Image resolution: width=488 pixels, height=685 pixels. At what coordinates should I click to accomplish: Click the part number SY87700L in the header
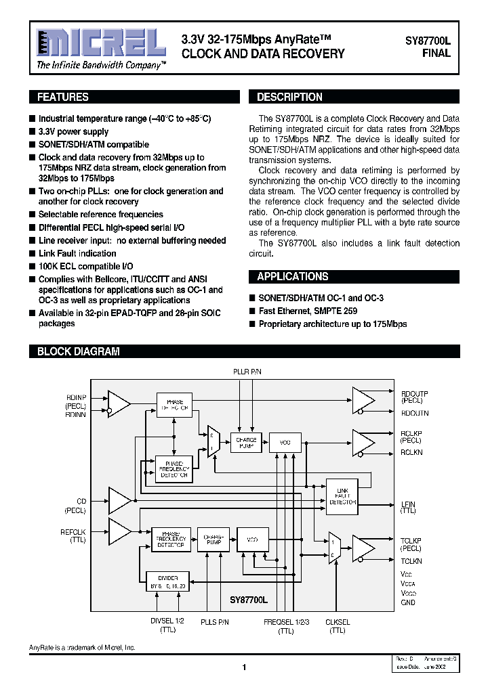click(428, 41)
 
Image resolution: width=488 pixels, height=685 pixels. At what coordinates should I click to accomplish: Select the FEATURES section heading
click(63, 97)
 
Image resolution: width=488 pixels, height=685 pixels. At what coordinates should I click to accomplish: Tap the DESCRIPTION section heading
click(289, 97)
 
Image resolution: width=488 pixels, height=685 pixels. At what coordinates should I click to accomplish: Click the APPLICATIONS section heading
click(292, 277)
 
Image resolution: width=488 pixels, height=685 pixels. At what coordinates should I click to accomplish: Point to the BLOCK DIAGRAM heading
click(78, 352)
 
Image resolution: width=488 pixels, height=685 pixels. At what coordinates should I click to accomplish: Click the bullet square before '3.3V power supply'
click(32, 132)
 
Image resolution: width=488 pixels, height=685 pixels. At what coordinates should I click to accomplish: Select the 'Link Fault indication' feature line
click(77, 253)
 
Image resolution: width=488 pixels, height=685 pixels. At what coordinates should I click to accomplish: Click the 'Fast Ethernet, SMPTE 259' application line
click(308, 311)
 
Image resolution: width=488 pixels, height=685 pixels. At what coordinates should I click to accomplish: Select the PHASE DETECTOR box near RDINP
click(174, 405)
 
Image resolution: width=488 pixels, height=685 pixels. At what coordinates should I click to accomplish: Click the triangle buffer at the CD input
click(120, 501)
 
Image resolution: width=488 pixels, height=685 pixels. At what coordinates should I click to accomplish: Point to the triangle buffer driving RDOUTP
click(363, 399)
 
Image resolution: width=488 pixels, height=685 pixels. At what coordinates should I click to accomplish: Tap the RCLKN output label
click(411, 451)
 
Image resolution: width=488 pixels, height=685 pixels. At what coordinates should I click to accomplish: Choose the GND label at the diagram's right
click(408, 602)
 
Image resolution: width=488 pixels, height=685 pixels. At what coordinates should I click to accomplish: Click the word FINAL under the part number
click(436, 53)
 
